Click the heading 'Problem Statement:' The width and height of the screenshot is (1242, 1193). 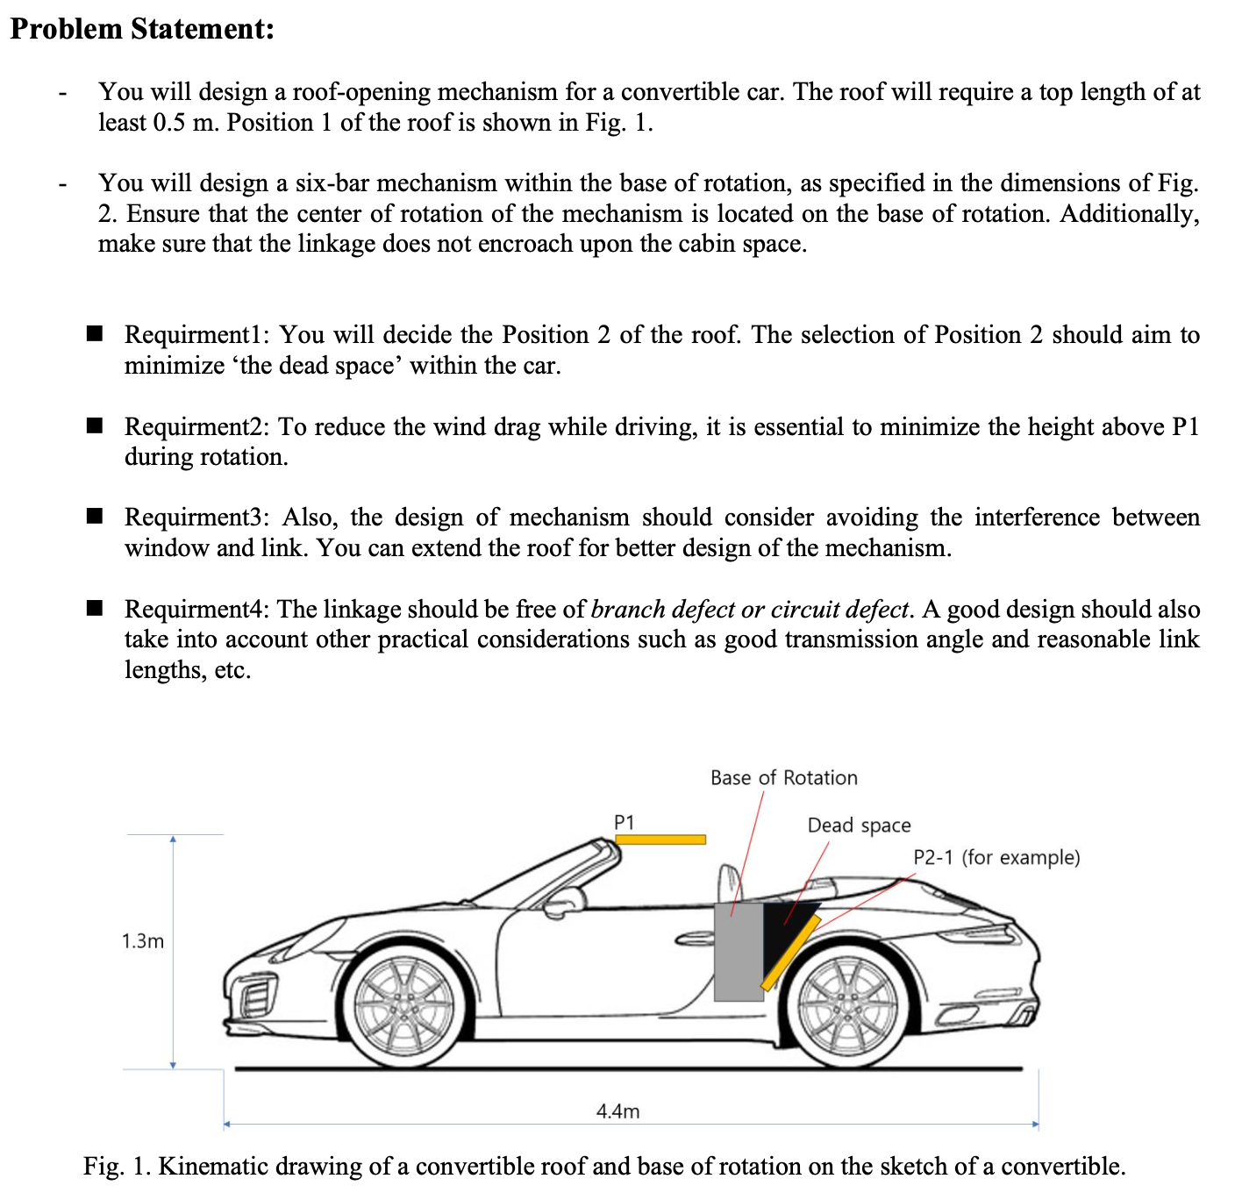point(142,29)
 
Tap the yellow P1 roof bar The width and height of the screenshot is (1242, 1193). point(660,839)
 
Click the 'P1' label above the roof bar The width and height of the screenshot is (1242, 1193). point(624,822)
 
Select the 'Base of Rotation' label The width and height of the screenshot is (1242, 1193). point(783,778)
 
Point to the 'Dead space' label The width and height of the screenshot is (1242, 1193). point(859,825)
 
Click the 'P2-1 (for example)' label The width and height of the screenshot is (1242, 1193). point(996,857)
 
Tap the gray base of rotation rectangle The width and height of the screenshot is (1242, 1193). point(738,952)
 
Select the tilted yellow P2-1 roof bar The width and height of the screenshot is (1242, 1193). point(790,952)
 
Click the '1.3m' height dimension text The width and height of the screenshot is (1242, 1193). point(143,941)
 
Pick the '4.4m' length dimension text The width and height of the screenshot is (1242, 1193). point(617,1111)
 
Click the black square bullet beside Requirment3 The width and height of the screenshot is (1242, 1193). point(95,516)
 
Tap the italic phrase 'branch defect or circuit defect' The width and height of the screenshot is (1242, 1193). point(750,609)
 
